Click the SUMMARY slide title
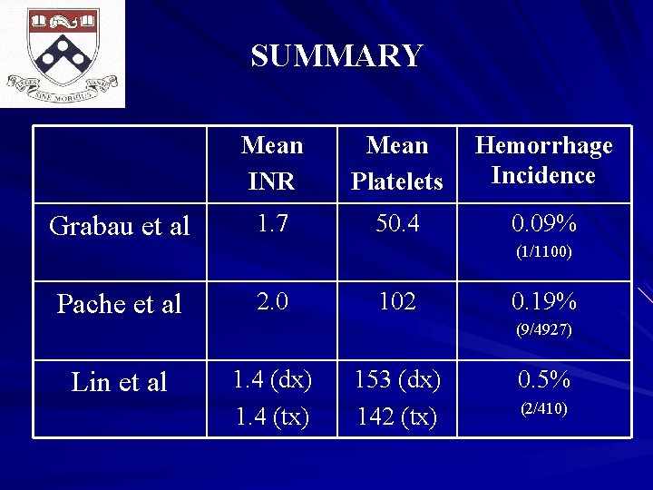click(336, 56)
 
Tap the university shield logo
click(63, 53)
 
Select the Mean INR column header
click(272, 163)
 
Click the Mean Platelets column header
click(397, 163)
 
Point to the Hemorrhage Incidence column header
click(543, 161)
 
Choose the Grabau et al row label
click(120, 226)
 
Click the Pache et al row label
click(120, 304)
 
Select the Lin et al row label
click(120, 382)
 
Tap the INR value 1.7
click(272, 222)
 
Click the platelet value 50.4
click(397, 222)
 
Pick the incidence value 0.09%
click(544, 223)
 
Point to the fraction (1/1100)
click(544, 252)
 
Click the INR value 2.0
click(272, 300)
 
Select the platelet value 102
click(397, 300)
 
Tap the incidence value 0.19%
click(544, 301)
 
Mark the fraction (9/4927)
click(544, 330)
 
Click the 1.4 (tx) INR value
click(272, 416)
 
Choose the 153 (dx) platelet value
click(397, 380)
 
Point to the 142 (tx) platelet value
click(397, 416)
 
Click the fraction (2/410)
click(544, 408)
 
